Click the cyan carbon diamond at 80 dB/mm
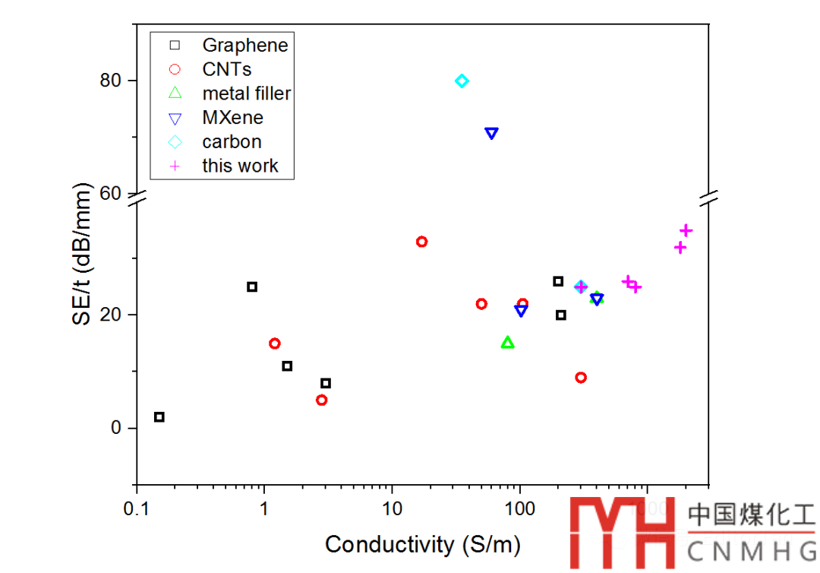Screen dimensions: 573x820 pyautogui.click(x=462, y=81)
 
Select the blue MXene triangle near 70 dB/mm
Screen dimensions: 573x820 pyautogui.click(x=491, y=133)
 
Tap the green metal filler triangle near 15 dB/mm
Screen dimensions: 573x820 pyautogui.click(x=508, y=343)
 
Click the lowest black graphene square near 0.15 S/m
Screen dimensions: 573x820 pyautogui.click(x=159, y=417)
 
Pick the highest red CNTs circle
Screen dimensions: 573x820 pyautogui.click(x=422, y=242)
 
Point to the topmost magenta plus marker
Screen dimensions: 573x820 pyautogui.click(x=686, y=230)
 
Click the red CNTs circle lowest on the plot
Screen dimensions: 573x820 pyautogui.click(x=322, y=400)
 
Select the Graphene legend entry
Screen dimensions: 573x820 pyautogui.click(x=244, y=45)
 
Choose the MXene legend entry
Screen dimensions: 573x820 pyautogui.click(x=232, y=118)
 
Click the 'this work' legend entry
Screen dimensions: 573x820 pyautogui.click(x=240, y=166)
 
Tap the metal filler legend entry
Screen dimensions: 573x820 pyautogui.click(x=246, y=93)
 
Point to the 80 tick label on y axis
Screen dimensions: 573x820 pyautogui.click(x=112, y=81)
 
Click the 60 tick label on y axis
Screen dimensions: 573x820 pyautogui.click(x=112, y=194)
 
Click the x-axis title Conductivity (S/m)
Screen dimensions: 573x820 pyautogui.click(x=423, y=544)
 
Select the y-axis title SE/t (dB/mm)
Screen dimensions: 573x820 pyautogui.click(x=83, y=255)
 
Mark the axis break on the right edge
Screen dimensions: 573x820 pyautogui.click(x=709, y=198)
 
